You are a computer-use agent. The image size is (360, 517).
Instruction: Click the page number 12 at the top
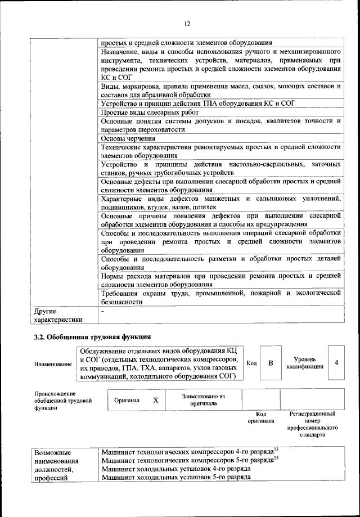(186, 24)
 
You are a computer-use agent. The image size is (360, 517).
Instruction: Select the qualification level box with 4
(336, 363)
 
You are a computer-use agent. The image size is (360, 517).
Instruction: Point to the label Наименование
(53, 364)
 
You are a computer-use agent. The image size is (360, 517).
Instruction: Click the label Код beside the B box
(252, 363)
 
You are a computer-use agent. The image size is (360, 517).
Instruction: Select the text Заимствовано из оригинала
(203, 400)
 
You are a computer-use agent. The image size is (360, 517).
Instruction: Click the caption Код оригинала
(260, 417)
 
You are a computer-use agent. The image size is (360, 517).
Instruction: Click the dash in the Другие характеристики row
(102, 310)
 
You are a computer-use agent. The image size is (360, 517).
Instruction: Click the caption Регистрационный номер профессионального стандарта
(312, 424)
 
